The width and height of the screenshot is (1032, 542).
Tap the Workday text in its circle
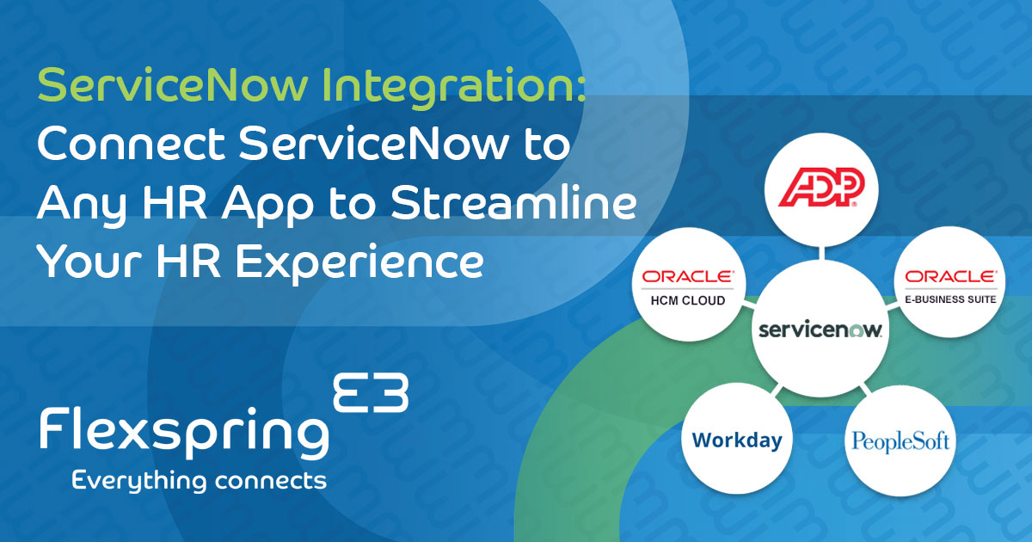click(x=737, y=440)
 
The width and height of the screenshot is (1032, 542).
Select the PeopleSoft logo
click(x=900, y=442)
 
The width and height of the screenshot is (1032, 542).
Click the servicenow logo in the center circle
click(x=820, y=330)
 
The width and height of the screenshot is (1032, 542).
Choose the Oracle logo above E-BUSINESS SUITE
click(x=945, y=277)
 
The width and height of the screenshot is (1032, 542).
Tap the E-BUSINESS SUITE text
click(x=945, y=299)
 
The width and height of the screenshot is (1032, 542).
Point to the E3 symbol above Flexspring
click(x=370, y=393)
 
